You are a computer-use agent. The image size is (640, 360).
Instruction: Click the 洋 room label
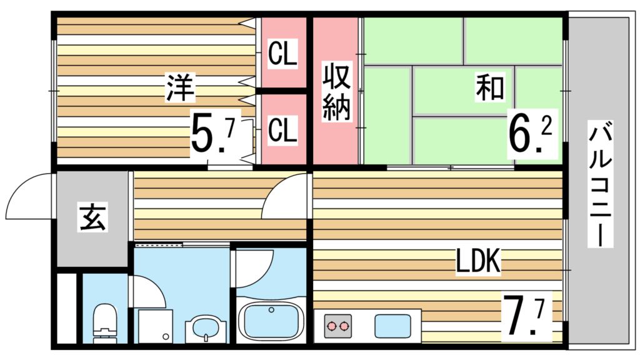point(180,87)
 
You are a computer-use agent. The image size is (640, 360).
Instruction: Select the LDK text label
point(478,263)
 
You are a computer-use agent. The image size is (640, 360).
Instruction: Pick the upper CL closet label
point(282,54)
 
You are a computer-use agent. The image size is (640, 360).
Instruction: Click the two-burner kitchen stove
point(337,326)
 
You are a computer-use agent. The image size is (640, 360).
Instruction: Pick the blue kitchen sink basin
point(392,325)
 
